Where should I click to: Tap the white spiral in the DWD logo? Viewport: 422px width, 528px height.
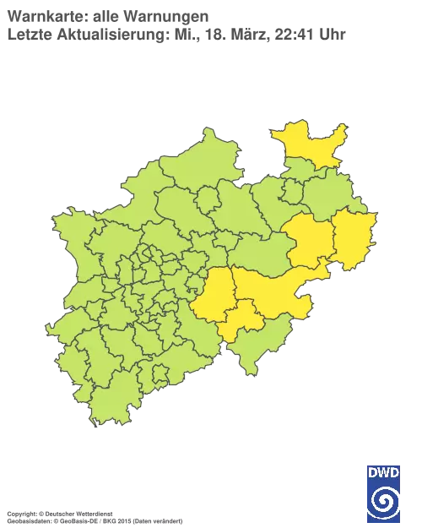tap(384, 498)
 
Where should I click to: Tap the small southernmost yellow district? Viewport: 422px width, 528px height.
tap(243, 317)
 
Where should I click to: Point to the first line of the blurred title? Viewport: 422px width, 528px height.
tap(110, 14)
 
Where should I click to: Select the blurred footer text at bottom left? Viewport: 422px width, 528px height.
tap(93, 513)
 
